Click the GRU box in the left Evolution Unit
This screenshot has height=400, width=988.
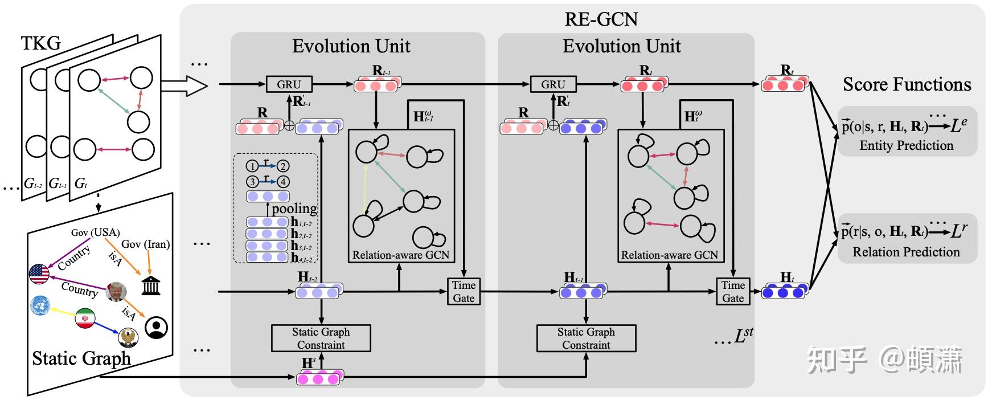coord(289,84)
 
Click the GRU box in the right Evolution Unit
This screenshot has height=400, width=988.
coord(553,84)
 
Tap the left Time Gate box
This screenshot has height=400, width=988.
coord(464,291)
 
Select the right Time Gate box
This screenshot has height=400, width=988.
coord(733,291)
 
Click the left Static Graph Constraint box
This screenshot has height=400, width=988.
coord(321,338)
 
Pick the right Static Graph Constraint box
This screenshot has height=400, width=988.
coord(586,338)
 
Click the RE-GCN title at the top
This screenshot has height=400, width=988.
coord(601,19)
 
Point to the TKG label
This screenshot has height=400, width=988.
coord(40,43)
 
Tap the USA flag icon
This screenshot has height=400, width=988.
coord(39,274)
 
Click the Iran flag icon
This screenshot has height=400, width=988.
coord(85,319)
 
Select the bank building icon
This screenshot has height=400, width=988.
coord(150,285)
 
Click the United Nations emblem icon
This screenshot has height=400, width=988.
coord(40,306)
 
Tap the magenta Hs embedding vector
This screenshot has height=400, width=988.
coord(320,378)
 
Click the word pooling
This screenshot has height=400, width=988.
coord(294,209)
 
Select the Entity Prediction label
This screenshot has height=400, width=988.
coord(906,145)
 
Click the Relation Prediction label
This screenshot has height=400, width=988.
coord(905,252)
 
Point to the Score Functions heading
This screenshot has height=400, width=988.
coord(907,84)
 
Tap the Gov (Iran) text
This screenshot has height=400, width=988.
coord(146,244)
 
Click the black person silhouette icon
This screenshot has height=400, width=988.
coord(156,328)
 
